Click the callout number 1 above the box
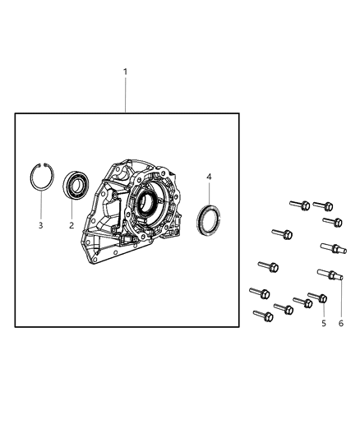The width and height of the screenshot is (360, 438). (125, 71)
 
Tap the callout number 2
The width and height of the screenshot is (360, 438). (72, 225)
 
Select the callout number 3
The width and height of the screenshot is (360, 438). (41, 225)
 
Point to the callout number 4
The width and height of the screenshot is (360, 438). (209, 177)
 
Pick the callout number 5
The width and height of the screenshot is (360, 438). (324, 323)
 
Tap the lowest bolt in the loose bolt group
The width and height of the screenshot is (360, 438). (263, 315)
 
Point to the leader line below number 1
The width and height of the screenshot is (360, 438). (125, 95)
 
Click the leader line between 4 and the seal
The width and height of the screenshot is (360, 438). (209, 196)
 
